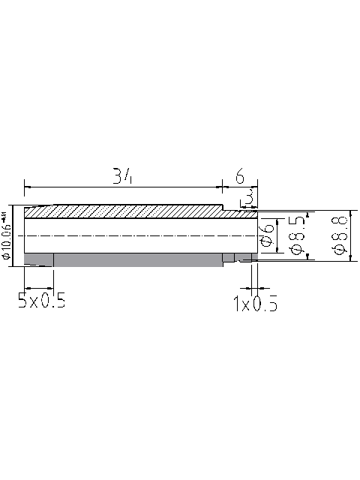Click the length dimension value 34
point(123,176)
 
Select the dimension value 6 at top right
point(240,177)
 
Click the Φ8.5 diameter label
point(296,236)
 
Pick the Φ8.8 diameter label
point(339,236)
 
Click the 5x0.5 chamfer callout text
point(42,301)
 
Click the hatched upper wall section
point(124,211)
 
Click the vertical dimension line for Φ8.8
point(352,235)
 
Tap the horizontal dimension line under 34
point(123,187)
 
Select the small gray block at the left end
point(38,259)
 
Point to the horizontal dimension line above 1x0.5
point(255,286)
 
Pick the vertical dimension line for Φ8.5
point(308,235)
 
